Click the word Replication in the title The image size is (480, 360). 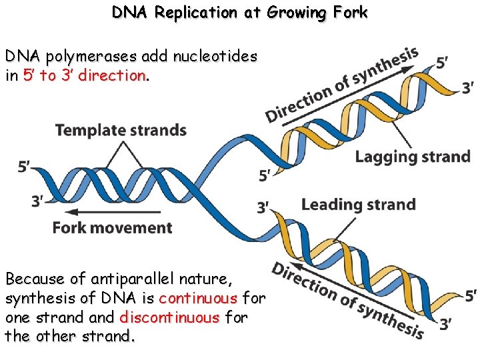196,13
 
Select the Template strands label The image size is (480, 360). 121,130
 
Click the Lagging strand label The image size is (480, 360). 413,157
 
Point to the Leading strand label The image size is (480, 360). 359,205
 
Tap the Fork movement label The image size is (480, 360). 113,228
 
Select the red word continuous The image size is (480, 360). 198,298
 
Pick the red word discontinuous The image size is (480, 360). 169,317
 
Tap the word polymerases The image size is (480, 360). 91,57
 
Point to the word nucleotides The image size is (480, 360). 215,56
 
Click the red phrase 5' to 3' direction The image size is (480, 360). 85,75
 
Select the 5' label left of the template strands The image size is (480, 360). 23,167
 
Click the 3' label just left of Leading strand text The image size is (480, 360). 263,207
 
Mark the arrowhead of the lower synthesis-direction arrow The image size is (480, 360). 295,265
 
